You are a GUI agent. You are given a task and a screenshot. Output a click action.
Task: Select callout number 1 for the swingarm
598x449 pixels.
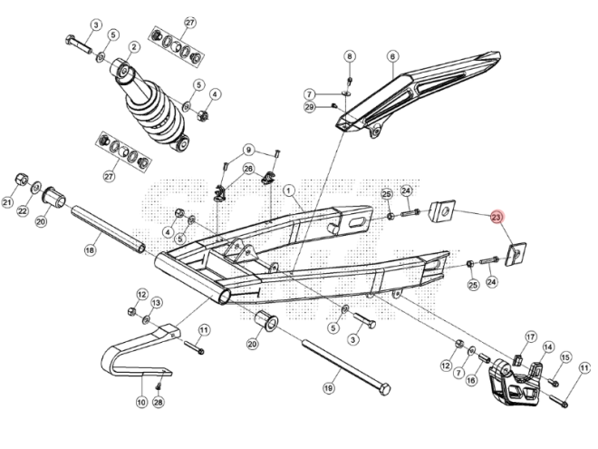tap(289, 190)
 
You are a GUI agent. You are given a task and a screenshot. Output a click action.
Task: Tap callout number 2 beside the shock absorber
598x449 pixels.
tap(133, 46)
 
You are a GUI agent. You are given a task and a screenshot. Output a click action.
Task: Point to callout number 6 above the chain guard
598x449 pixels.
tap(392, 55)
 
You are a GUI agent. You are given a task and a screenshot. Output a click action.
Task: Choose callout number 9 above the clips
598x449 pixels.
tap(247, 150)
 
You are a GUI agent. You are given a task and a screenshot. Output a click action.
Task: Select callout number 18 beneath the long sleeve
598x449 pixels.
tap(90, 249)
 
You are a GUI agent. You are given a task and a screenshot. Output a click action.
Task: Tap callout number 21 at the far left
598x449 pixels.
tap(8, 204)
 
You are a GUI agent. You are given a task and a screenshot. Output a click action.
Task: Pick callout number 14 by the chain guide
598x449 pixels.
tap(547, 347)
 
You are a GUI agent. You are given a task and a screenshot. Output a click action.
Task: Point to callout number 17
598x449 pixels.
tap(531, 336)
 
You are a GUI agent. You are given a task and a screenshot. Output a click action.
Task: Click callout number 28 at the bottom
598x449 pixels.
tap(158, 402)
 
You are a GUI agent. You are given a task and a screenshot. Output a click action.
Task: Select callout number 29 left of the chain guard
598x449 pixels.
tap(309, 108)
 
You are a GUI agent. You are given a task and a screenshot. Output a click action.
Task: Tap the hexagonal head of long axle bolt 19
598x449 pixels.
tap(384, 390)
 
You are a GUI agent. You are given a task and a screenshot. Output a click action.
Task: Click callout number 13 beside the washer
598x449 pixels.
tap(156, 302)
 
